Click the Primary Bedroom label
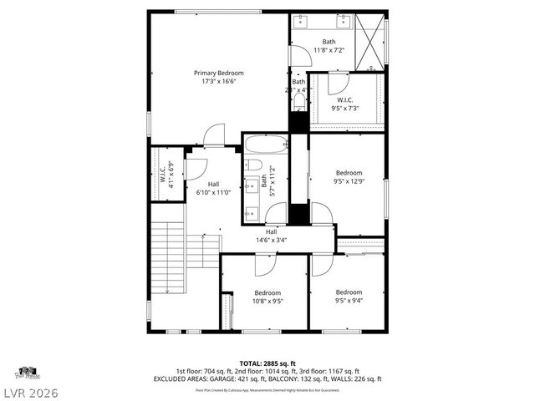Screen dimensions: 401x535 pos(217,73)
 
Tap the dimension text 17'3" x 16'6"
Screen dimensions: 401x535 pos(217,82)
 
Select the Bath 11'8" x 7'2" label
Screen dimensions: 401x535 pos(329,46)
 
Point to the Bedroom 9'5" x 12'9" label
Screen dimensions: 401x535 pos(349,177)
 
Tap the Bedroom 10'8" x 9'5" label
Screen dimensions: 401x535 pos(267,297)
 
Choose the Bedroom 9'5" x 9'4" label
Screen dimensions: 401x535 pos(349,297)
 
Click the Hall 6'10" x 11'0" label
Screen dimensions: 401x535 pos(214,188)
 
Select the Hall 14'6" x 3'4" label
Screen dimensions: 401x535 pos(271,236)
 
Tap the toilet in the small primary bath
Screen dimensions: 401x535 pos(299,102)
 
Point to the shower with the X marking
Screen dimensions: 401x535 pos(371,41)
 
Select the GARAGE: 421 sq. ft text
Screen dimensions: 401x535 pos(242,378)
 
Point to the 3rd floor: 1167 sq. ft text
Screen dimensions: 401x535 pos(333,371)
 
